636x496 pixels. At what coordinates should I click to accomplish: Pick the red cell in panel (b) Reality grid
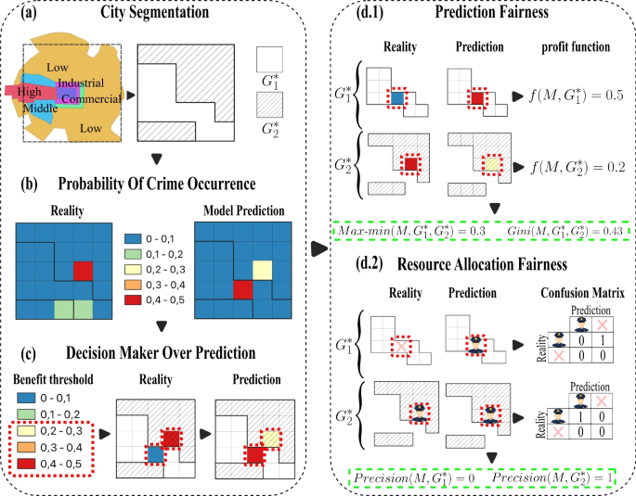[84, 270]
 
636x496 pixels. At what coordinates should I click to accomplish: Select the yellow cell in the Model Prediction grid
[262, 270]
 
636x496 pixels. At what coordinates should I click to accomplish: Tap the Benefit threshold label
[46, 378]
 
